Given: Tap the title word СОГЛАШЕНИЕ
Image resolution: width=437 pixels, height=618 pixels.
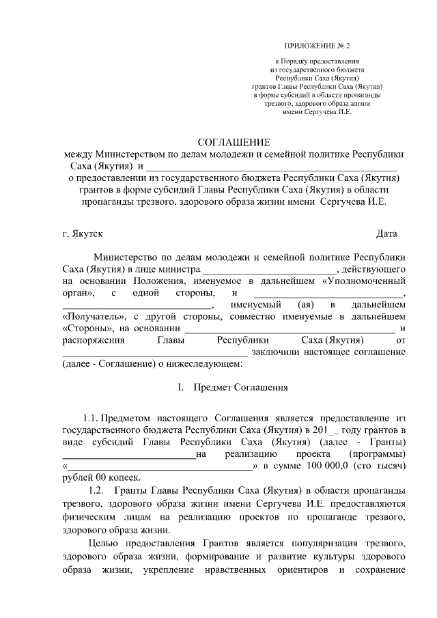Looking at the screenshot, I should (229, 142).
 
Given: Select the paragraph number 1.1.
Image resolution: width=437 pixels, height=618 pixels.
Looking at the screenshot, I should (91, 417).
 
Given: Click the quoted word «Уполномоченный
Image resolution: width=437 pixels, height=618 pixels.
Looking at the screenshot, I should (354, 281).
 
